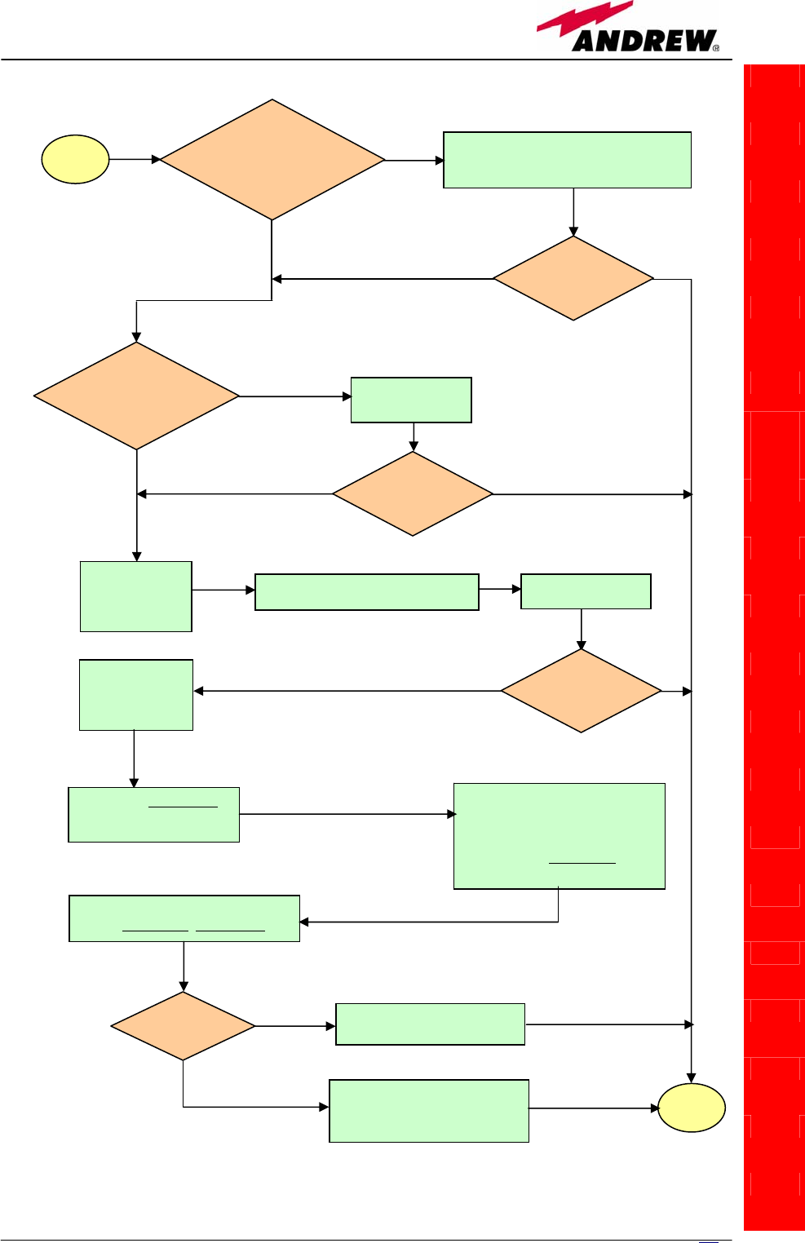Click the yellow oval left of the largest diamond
76,159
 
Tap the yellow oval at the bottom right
692,1108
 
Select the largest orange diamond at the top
272,160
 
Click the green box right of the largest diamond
567,160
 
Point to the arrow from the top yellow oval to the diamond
135,159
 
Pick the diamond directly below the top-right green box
573,278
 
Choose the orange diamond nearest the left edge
136,396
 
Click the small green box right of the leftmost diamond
411,400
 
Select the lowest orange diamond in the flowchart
183,1026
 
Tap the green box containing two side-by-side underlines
184,918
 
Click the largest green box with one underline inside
560,836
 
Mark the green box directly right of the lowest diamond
430,1024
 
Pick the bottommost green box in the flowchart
429,1111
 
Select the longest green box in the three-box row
367,592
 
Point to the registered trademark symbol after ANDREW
716,48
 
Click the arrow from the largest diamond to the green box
414,160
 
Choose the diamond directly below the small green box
413,493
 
